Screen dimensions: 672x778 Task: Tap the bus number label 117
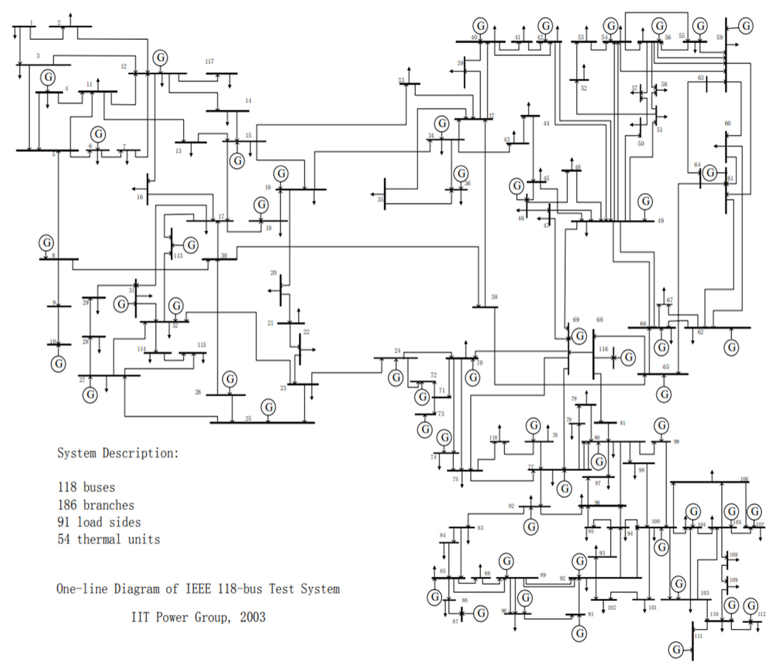(x=210, y=61)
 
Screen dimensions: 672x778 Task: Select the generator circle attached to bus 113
(x=191, y=245)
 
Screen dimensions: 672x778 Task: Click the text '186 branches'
(x=96, y=505)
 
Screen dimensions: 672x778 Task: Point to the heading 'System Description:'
(x=118, y=453)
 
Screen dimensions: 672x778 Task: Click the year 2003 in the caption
(x=252, y=617)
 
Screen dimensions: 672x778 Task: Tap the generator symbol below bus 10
(x=59, y=364)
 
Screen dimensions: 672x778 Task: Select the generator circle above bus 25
(x=269, y=407)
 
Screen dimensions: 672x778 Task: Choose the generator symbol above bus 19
(x=281, y=174)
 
